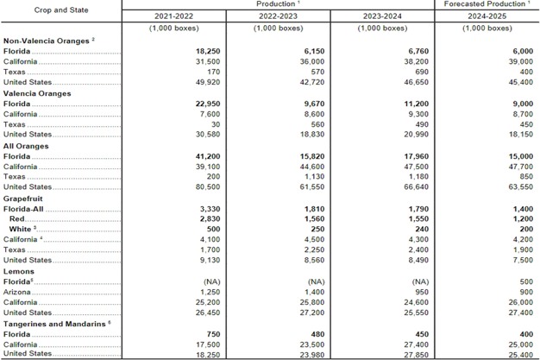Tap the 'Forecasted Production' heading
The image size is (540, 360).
(x=487, y=5)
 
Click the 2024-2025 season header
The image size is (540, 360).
(x=487, y=16)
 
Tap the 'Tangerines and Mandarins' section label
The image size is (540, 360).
(x=54, y=323)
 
